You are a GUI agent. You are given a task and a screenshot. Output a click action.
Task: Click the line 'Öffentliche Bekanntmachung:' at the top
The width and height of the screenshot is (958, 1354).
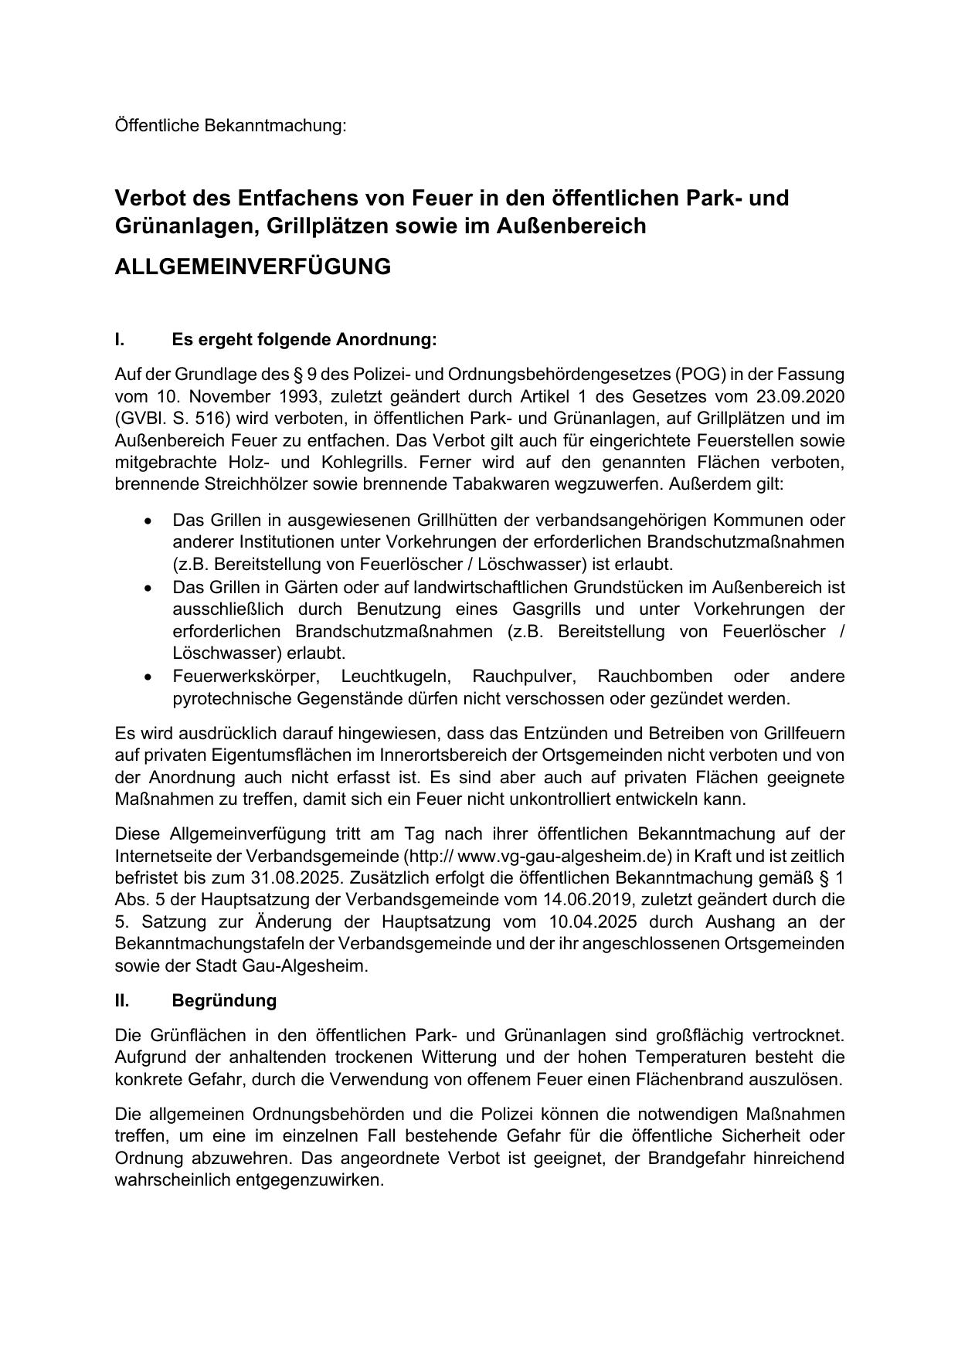coord(230,125)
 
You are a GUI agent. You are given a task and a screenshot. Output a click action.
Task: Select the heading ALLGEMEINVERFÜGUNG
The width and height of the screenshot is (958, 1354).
coord(253,266)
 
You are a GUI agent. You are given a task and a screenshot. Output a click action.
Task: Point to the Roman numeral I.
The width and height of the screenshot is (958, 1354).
coord(120,340)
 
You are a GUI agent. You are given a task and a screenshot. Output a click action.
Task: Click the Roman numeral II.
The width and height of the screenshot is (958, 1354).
coord(122,1000)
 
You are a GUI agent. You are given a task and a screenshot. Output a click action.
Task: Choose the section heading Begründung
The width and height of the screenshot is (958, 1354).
coord(224,1000)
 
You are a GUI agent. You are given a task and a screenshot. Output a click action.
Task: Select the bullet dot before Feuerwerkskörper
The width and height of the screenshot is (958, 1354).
coord(148,677)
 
